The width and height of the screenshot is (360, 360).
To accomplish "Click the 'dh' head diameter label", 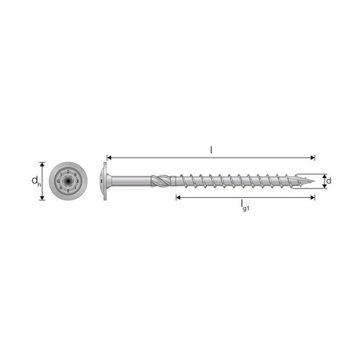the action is coord(36,181).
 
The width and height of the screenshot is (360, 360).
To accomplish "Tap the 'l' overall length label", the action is coord(211,150).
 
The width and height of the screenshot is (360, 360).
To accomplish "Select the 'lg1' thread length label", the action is coord(245,206).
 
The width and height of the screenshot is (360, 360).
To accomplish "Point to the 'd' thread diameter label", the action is coord(329,181).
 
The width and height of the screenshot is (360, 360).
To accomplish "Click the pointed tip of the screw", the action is coord(314,181).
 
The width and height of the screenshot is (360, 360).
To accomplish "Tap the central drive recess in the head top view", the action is coord(68,181).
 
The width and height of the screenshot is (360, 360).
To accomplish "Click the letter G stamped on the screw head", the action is coord(58,181).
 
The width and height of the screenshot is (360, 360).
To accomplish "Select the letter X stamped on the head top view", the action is coord(78,181).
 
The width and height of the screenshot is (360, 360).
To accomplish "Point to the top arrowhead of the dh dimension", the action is coord(42,164).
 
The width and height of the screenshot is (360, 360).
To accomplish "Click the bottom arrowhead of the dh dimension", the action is coord(42,198).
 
